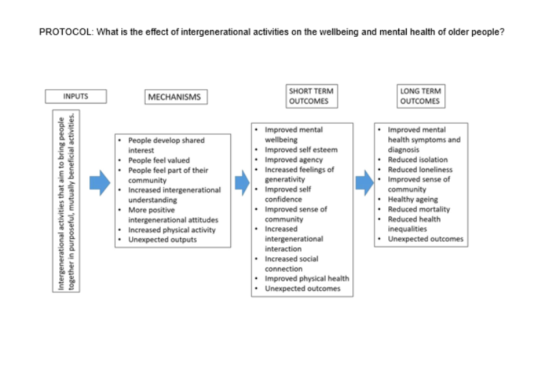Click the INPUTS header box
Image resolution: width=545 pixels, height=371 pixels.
tap(76, 96)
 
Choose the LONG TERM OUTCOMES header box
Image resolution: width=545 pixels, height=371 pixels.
tap(420, 96)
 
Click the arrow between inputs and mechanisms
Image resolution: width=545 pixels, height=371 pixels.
tap(100, 182)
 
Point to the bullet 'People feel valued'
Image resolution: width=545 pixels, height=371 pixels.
tap(159, 160)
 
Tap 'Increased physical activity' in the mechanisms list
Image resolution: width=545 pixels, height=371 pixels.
tap(172, 229)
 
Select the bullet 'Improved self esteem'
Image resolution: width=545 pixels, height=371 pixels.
tap(300, 150)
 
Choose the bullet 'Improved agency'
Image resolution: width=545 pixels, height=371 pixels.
tap(294, 160)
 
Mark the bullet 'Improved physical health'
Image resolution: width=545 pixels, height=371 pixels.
tap(307, 278)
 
